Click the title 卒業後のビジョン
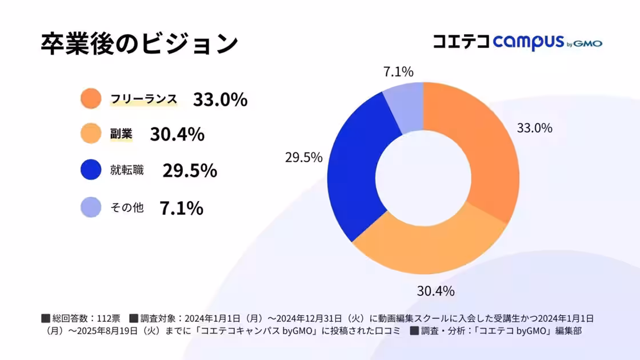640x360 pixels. pos(139,44)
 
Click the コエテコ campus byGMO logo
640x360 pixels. pos(517,42)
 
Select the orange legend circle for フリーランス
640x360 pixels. pos(91,99)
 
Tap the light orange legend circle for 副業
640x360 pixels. pos(91,134)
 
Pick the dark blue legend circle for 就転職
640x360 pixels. pos(91,170)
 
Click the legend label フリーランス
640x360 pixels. pos(143,99)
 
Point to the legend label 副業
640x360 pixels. pos(121,134)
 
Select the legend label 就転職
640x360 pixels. pos(127,170)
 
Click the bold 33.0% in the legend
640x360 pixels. pos(220,99)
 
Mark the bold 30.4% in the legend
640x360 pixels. pos(177,134)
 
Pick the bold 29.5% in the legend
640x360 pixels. pos(190,170)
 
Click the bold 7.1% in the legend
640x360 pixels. pos(181,208)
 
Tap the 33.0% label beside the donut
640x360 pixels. pos(534,128)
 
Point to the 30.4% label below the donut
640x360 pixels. pos(435,291)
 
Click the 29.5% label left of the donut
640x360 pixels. pos(303,157)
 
